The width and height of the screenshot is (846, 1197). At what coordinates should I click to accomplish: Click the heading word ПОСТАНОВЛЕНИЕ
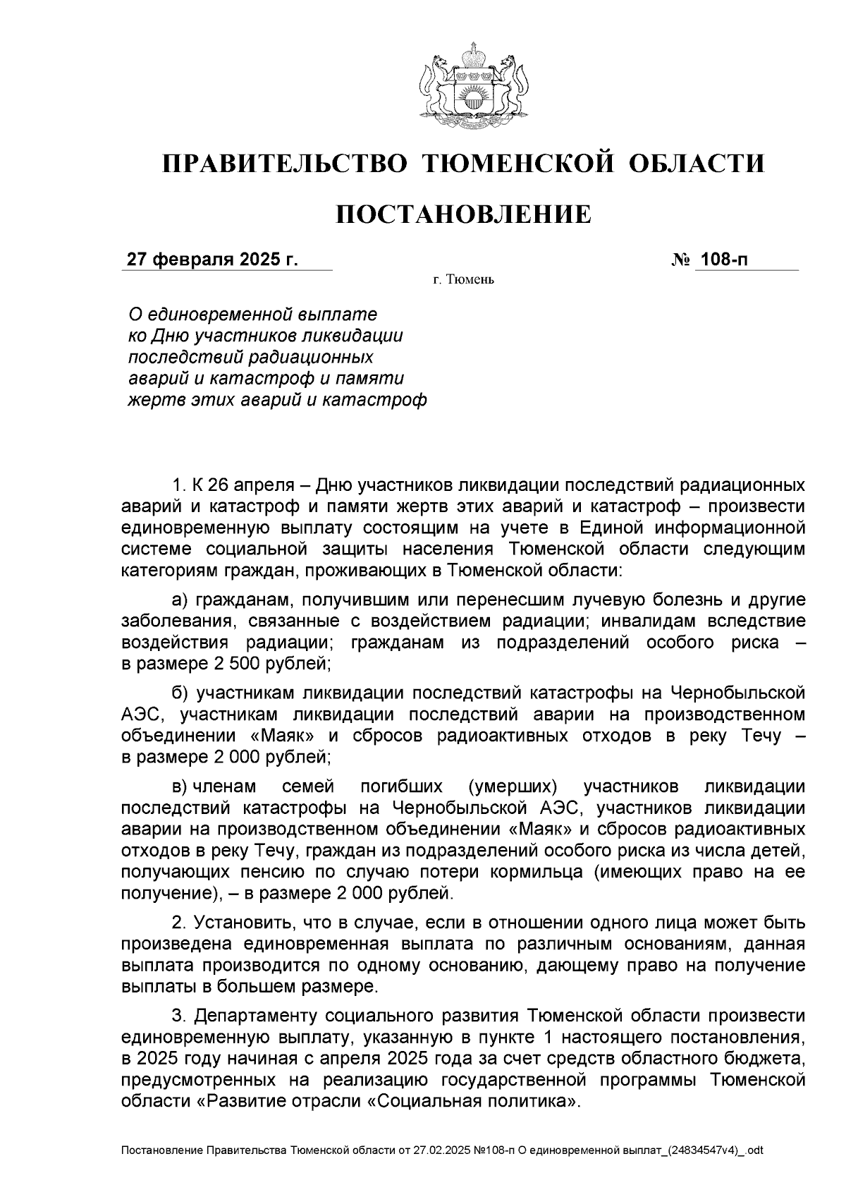coord(462,214)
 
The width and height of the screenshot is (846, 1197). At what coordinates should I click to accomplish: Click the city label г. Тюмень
coord(463,280)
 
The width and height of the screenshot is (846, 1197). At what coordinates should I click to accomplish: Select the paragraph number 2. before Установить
coord(179,922)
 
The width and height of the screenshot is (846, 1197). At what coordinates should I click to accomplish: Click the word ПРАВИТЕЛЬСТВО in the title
coord(285,164)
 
